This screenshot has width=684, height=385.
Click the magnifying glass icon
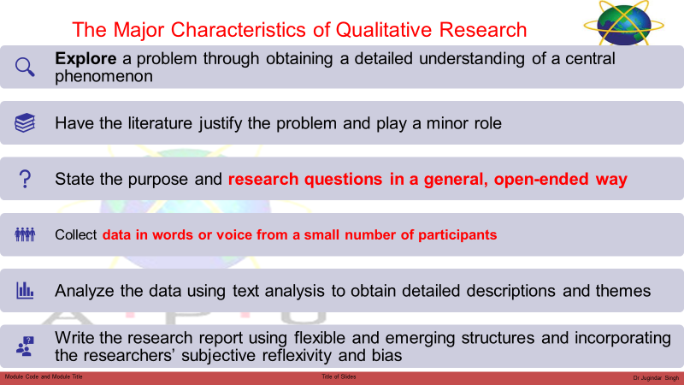25,68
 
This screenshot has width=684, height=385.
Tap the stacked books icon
25,122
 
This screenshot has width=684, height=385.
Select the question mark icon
25,179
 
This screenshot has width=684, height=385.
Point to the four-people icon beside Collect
25,234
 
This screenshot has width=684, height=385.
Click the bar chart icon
25,290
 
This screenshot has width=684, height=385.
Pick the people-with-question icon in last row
25,346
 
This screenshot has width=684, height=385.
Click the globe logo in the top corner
624,24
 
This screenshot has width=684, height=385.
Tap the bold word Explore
85,58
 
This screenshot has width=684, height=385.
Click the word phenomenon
103,76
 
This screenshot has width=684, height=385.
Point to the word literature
160,123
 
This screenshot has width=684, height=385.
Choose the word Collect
75,234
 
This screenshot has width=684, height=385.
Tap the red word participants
457,235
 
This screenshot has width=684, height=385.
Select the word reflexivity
296,355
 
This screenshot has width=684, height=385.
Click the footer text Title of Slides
339,376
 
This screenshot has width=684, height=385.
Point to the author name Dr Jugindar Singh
656,378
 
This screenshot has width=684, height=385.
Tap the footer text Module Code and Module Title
44,376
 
